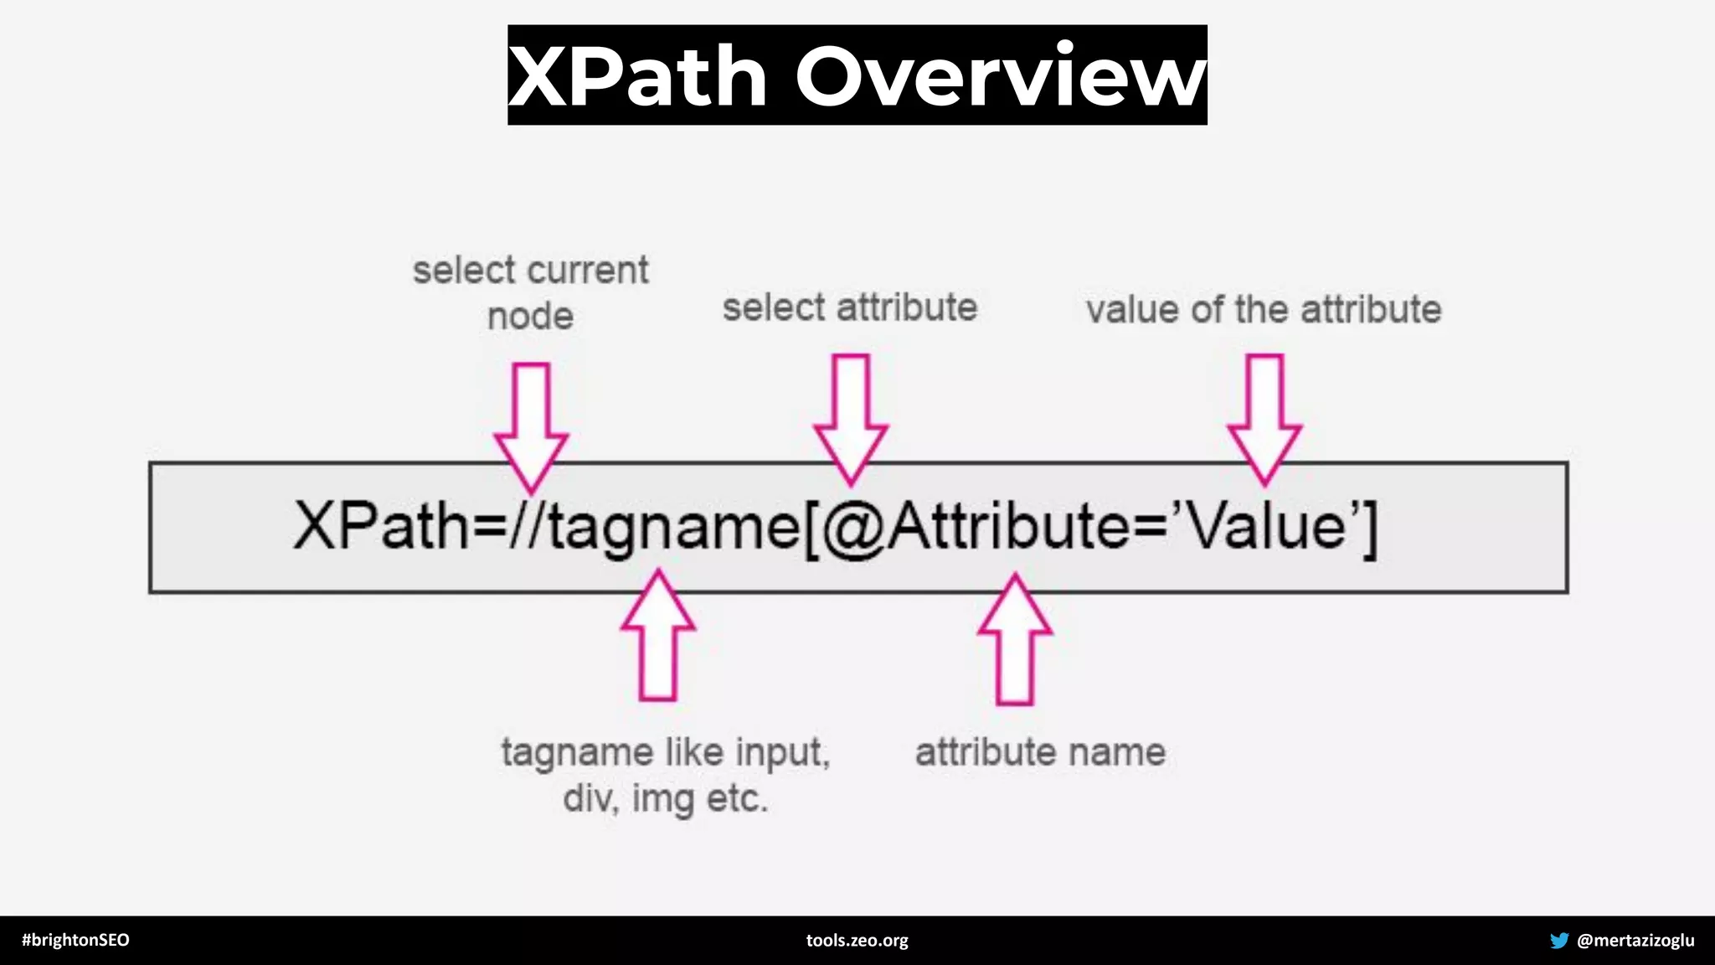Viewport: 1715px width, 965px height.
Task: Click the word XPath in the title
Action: click(x=638, y=77)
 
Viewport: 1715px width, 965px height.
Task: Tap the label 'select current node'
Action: click(x=530, y=292)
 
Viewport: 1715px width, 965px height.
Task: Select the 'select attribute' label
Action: click(x=849, y=307)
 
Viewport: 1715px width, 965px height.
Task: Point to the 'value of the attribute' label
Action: click(x=1263, y=309)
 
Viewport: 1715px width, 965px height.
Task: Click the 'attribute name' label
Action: click(x=1040, y=751)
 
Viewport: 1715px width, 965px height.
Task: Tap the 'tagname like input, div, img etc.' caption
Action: click(x=666, y=774)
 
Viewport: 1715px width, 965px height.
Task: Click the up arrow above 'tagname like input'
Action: click(x=658, y=637)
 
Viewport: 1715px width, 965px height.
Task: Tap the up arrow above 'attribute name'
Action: click(x=1015, y=641)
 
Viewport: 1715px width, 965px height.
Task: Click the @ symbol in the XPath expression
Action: click(x=853, y=528)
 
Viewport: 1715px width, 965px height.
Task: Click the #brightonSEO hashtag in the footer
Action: click(x=75, y=940)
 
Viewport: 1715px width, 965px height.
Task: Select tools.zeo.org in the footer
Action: click(x=857, y=940)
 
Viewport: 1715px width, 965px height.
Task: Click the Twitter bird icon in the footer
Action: click(x=1558, y=940)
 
